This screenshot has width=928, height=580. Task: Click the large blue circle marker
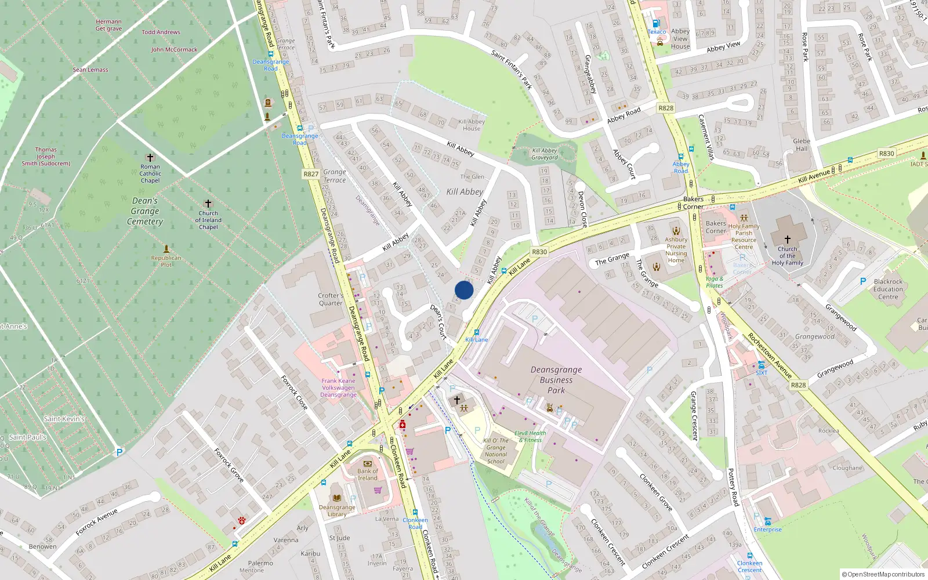(x=464, y=290)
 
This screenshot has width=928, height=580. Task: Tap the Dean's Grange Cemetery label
(x=145, y=211)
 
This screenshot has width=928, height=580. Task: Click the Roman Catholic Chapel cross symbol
(x=150, y=158)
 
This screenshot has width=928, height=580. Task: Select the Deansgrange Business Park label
(x=556, y=380)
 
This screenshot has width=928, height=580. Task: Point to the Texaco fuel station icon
(x=656, y=24)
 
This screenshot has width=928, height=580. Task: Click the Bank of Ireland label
(x=367, y=474)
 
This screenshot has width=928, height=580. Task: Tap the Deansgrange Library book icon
(x=337, y=498)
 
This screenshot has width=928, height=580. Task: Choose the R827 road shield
(x=311, y=174)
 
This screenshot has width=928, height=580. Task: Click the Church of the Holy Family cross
(x=787, y=239)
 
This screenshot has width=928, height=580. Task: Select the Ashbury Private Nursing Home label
(x=676, y=250)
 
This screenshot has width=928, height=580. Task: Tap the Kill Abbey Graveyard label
(x=545, y=154)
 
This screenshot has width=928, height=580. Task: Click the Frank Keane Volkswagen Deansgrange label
(x=338, y=388)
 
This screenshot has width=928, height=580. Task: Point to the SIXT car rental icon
(x=761, y=365)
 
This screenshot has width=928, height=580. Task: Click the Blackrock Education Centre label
(x=888, y=289)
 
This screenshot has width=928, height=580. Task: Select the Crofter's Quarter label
(x=331, y=299)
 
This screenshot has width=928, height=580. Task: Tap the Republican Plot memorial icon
(x=166, y=248)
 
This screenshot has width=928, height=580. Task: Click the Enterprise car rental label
(x=767, y=530)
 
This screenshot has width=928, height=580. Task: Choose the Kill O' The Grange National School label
(x=496, y=451)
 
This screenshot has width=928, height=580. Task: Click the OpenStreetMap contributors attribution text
(x=882, y=575)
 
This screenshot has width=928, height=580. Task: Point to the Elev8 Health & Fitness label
(x=530, y=436)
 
